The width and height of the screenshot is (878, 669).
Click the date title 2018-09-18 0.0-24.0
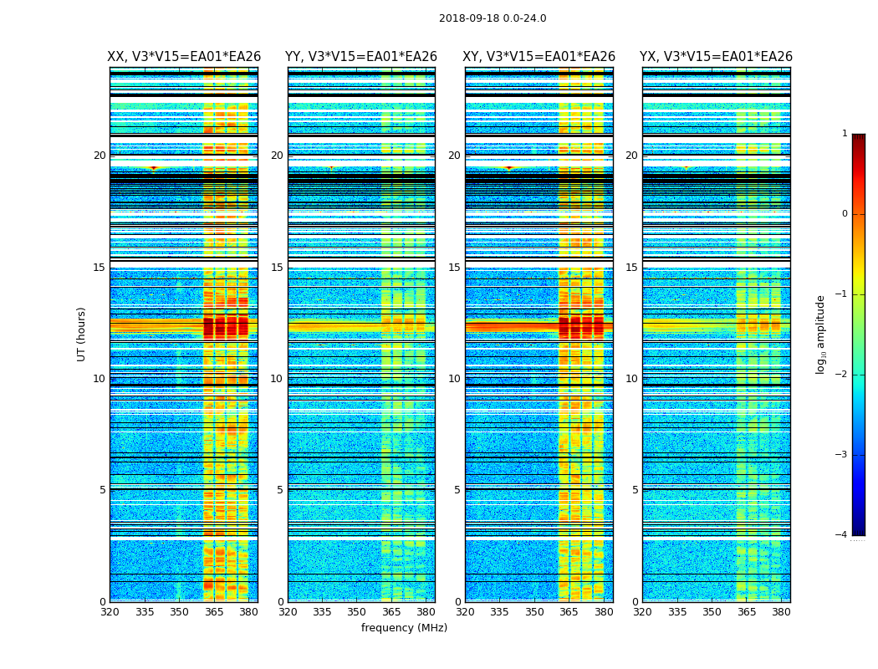click(493, 18)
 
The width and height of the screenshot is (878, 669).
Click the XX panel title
click(184, 57)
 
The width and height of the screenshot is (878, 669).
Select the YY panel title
click(361, 57)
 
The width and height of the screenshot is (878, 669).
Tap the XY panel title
click(539, 57)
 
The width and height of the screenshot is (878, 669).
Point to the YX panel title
click(716, 57)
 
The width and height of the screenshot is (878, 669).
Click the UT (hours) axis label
click(81, 334)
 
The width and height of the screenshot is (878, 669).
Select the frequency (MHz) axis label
click(404, 628)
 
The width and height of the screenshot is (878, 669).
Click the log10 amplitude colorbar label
click(820, 334)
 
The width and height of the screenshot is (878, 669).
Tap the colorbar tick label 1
click(844, 134)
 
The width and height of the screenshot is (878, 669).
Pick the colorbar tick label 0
click(844, 214)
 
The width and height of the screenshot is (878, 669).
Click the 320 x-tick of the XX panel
click(110, 612)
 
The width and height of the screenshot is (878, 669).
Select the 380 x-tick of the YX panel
click(781, 612)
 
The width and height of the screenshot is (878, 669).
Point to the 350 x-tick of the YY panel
click(357, 612)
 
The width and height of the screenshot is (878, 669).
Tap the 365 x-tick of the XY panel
click(569, 612)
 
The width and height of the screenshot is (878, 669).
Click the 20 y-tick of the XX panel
click(100, 156)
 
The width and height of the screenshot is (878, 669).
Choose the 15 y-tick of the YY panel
click(277, 268)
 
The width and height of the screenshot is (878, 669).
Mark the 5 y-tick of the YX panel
click(635, 490)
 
